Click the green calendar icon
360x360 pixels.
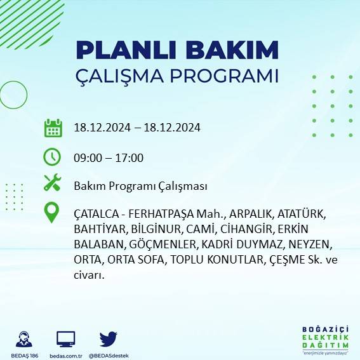pos(53,128)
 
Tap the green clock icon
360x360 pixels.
pos(52,156)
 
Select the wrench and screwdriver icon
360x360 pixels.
pos(52,183)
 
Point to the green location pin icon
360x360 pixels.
pos(52,213)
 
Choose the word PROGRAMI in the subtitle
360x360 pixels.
pos(229,76)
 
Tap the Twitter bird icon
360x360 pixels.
pos(108,338)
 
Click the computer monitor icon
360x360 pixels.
pos(66,338)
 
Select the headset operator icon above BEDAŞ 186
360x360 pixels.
pos(25,338)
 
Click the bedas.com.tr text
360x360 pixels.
pos(66,355)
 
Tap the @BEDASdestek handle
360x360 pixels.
pos(108,355)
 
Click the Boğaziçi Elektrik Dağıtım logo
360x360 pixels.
pos(324,340)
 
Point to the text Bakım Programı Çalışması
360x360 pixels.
pos(140,186)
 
